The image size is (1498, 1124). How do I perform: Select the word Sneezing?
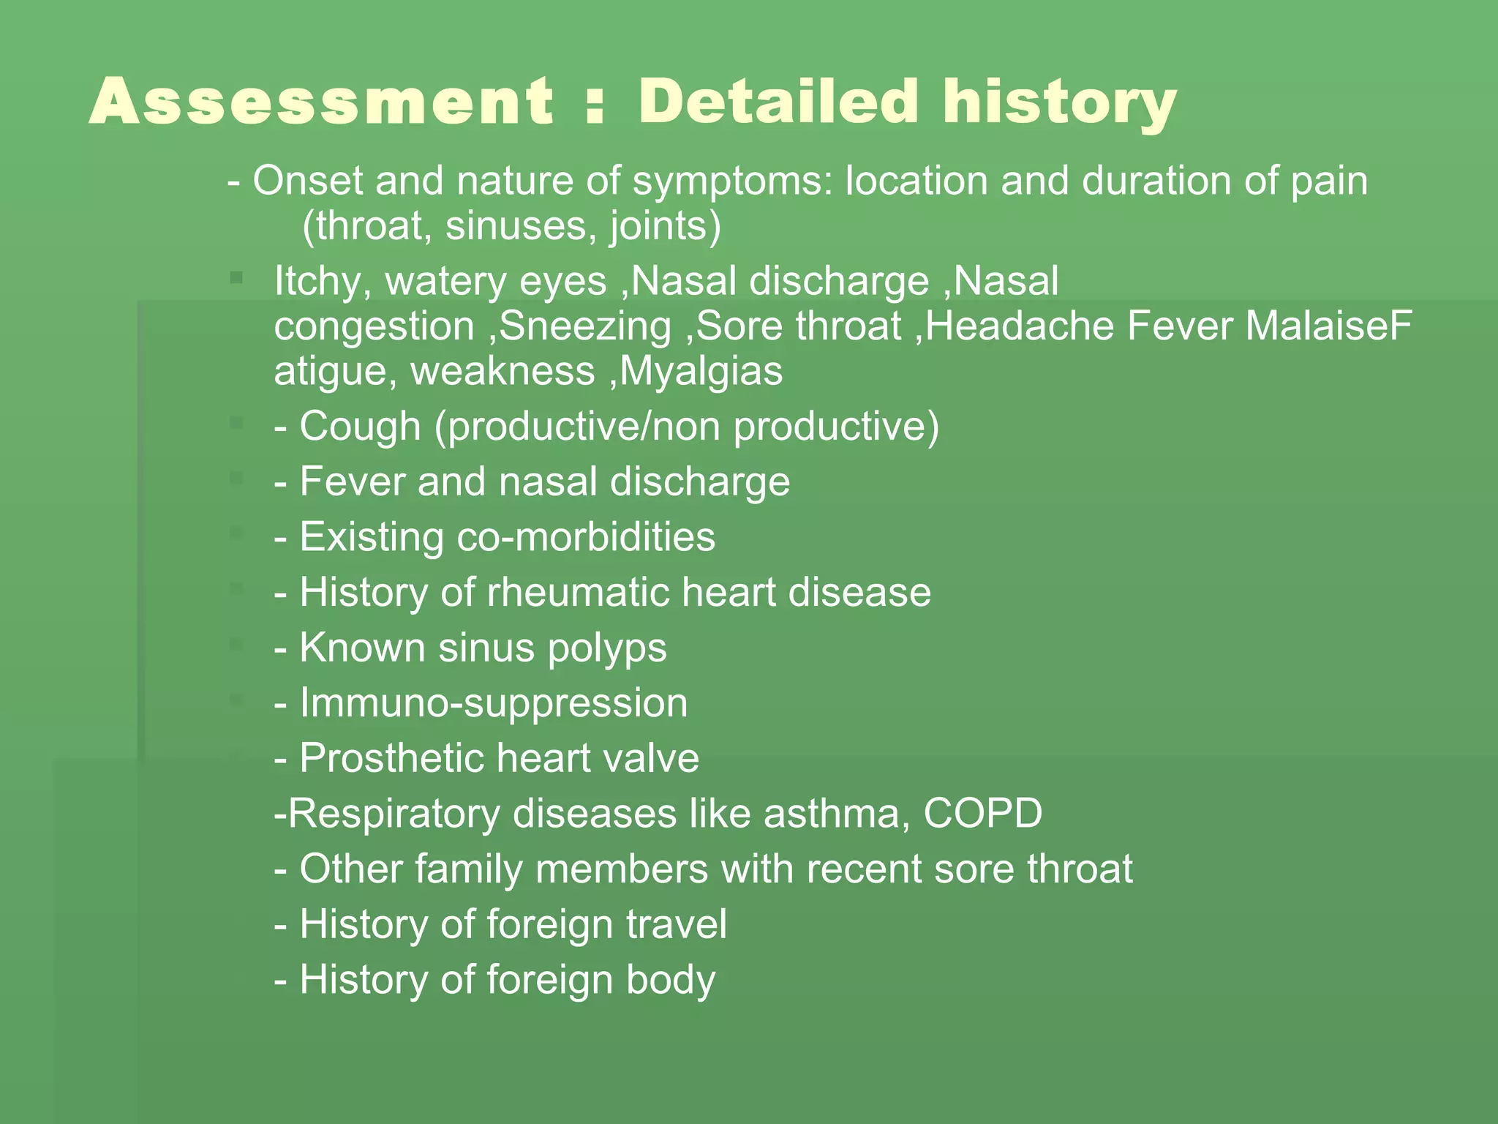(x=585, y=326)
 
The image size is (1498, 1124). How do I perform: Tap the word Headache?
(x=1020, y=326)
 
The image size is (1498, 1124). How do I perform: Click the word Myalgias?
(x=701, y=371)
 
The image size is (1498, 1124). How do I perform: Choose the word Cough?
(x=360, y=427)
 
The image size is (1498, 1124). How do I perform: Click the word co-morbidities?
(x=585, y=537)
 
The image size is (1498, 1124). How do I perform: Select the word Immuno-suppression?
(x=494, y=703)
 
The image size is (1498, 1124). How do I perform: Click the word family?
(x=469, y=870)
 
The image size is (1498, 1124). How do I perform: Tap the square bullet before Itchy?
(x=236, y=277)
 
